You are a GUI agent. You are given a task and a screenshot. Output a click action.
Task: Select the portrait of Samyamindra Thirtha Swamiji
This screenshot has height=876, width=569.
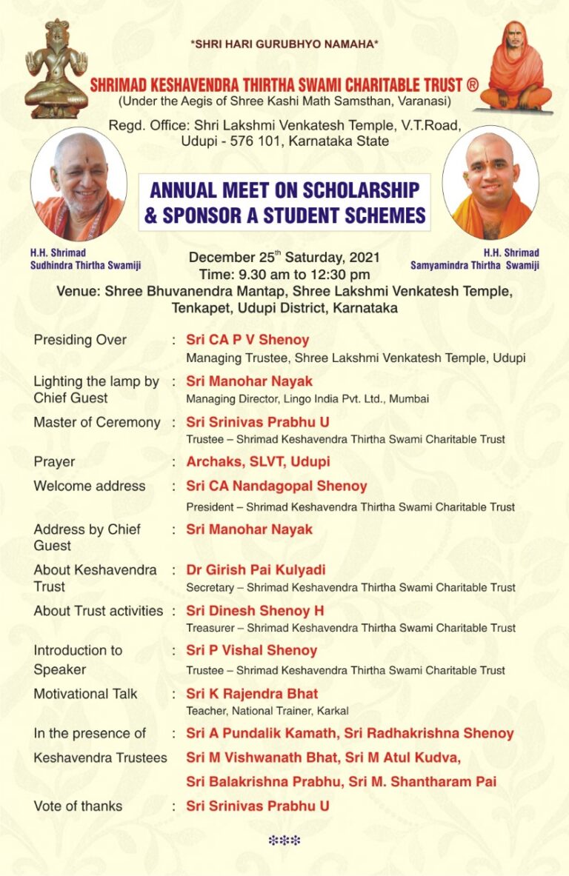pyautogui.click(x=490, y=184)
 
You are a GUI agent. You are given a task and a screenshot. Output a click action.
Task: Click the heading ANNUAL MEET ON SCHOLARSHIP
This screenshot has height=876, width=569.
pyautogui.click(x=284, y=190)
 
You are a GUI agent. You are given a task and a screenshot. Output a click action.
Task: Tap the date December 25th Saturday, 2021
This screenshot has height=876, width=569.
pyautogui.click(x=284, y=258)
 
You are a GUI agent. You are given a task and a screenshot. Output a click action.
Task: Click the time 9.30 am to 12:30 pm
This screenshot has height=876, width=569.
pyautogui.click(x=284, y=273)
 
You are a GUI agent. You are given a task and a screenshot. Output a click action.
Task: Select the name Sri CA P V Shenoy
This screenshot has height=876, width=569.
pyautogui.click(x=247, y=340)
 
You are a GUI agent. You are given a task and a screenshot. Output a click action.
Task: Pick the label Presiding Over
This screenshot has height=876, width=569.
pyautogui.click(x=80, y=340)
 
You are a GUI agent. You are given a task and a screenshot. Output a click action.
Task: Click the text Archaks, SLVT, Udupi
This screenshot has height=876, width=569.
pyautogui.click(x=258, y=461)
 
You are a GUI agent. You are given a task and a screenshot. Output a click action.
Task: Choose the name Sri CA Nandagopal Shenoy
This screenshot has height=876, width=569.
pyautogui.click(x=276, y=487)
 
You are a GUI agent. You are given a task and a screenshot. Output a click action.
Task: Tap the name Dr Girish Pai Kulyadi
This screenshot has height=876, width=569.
pyautogui.click(x=256, y=570)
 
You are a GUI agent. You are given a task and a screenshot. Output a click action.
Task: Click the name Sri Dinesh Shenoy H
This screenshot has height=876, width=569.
pyautogui.click(x=255, y=611)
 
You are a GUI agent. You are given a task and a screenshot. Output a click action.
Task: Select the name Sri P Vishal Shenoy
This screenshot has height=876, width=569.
pyautogui.click(x=251, y=650)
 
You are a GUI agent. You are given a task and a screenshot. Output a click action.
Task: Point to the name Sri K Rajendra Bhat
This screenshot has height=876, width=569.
pyautogui.click(x=252, y=694)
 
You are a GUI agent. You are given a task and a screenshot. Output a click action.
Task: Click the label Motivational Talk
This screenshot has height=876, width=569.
pyautogui.click(x=85, y=694)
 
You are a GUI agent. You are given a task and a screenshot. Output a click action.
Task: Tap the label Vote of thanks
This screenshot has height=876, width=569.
pyautogui.click(x=78, y=806)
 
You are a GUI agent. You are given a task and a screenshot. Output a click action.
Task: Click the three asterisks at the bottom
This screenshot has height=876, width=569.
pyautogui.click(x=284, y=840)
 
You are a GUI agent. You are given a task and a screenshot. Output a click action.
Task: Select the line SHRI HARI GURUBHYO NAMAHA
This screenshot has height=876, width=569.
pyautogui.click(x=284, y=44)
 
